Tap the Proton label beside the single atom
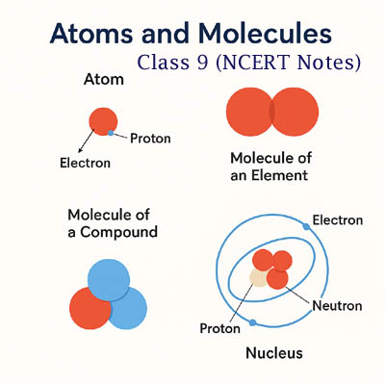coord(149,139)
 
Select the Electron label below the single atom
coord(78,163)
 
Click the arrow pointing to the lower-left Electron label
coord(88,143)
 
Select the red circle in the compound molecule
coord(91,307)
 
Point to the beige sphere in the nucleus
coord(260,279)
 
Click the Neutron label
coord(337,306)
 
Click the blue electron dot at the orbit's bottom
coord(252,321)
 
